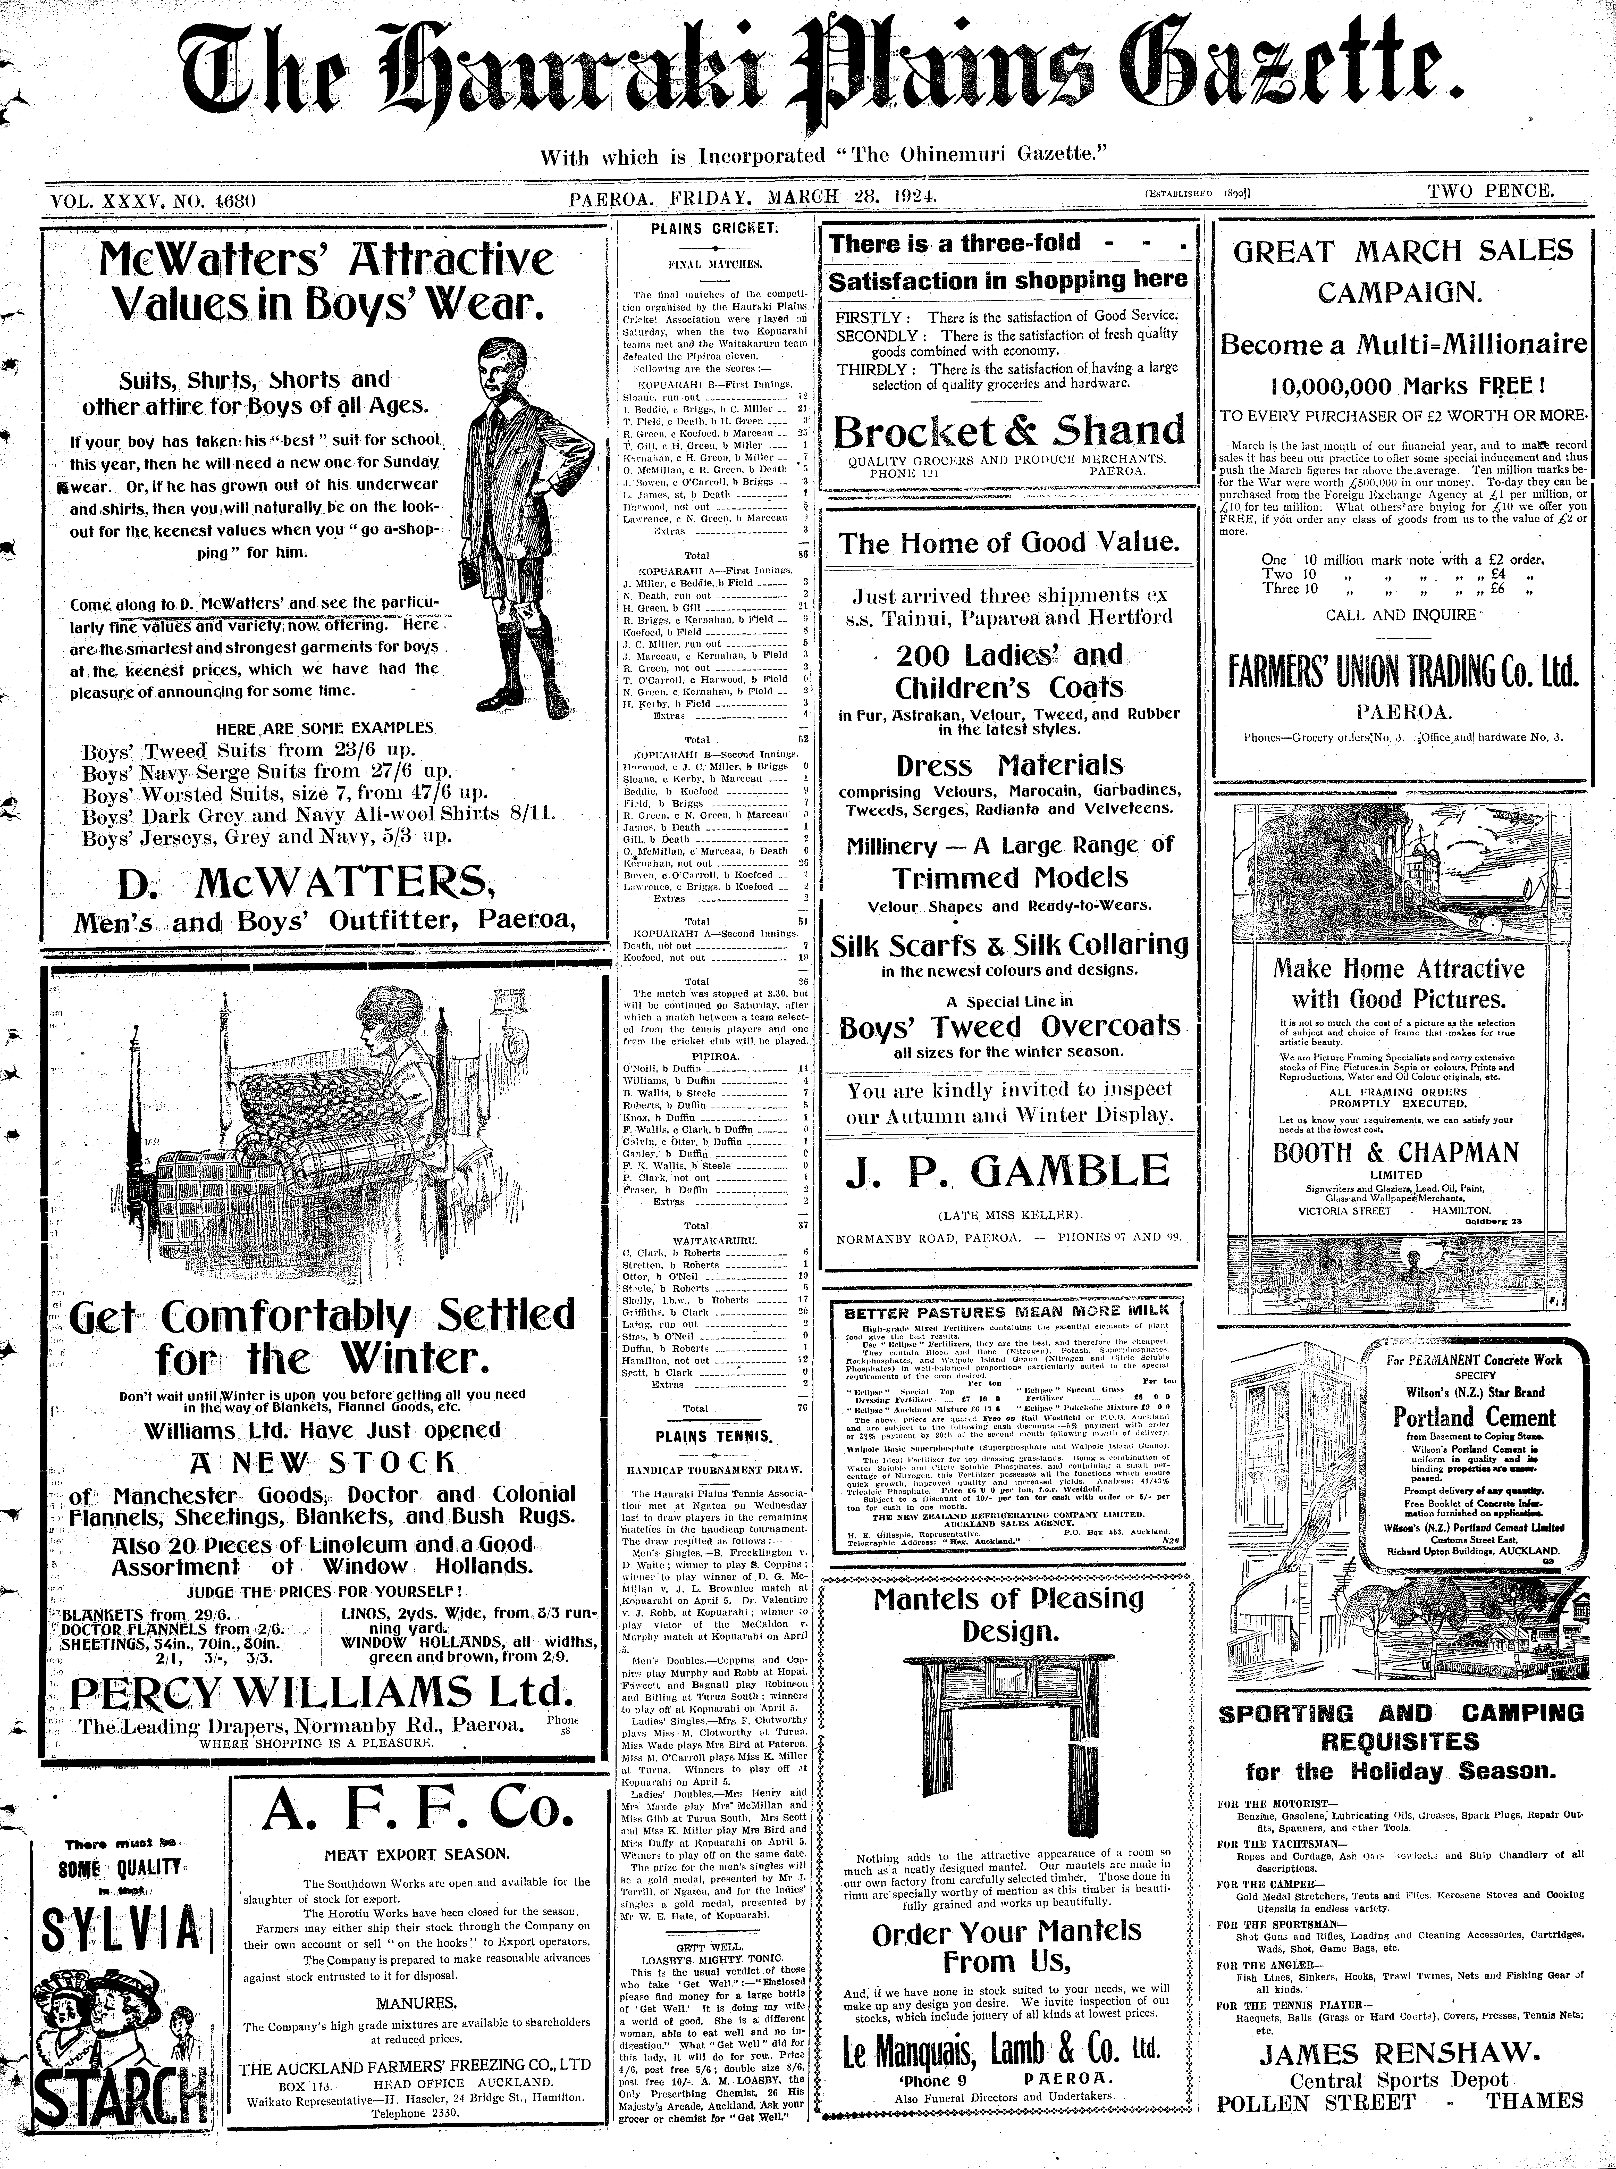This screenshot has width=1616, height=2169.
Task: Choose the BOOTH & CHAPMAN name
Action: coord(1396,1152)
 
